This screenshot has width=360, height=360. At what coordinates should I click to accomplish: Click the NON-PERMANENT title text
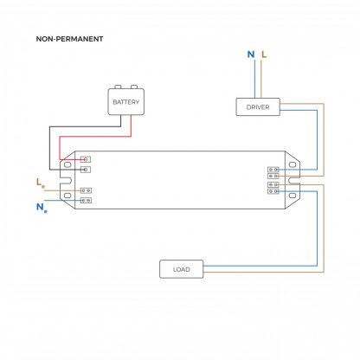coord(69,39)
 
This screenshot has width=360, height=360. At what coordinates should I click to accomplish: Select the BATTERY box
coord(126,102)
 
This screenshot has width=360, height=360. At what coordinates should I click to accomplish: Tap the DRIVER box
coord(258,107)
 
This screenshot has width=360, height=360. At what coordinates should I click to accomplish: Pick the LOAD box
coord(182,269)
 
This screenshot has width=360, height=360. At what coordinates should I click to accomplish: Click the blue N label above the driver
coord(251,55)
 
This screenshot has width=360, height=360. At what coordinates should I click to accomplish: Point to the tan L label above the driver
coord(264,55)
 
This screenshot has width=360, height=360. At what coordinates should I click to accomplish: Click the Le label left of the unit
coord(41,183)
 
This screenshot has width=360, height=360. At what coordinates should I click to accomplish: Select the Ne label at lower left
coord(42,208)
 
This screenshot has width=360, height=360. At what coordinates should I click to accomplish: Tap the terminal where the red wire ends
coord(86,159)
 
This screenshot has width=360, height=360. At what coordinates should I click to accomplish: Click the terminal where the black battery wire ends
coord(86,170)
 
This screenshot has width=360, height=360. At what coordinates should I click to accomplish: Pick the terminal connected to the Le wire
coord(86,190)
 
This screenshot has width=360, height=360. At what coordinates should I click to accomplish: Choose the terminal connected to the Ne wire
coord(86,200)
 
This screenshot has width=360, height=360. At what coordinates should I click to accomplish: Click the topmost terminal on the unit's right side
coord(273,170)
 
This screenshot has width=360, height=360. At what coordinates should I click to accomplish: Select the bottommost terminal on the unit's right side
coord(273,191)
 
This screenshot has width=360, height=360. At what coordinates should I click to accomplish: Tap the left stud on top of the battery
coord(118,87)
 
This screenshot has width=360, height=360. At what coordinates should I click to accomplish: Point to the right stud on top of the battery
coord(134,87)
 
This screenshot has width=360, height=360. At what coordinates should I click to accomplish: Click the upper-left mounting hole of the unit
coord(67,164)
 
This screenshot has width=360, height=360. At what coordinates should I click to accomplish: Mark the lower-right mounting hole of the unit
coord(292,196)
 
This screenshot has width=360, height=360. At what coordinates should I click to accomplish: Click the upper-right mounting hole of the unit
coord(292,164)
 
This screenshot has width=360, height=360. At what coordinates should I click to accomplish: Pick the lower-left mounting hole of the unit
coord(67,196)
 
